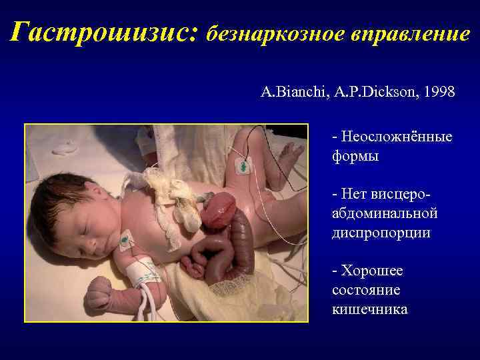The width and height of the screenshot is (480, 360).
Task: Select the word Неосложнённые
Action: pos(397,137)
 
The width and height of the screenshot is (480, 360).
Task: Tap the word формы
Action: pos(355,157)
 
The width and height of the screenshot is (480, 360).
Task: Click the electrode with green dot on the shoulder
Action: pos(125,239)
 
